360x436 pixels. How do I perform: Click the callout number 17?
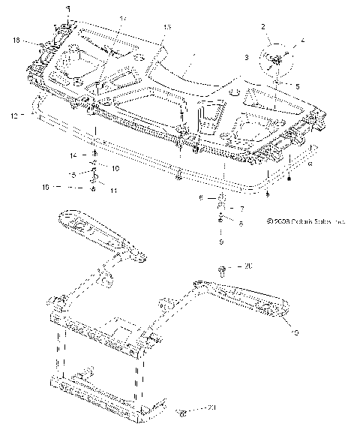(123, 17)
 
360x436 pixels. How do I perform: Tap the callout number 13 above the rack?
(166, 27)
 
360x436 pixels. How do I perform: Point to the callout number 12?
(13, 115)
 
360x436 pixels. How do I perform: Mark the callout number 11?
(114, 191)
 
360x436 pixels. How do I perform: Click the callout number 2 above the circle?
(263, 27)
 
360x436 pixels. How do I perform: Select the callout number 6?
(201, 198)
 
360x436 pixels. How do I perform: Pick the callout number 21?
(211, 409)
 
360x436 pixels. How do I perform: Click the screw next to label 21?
(182, 412)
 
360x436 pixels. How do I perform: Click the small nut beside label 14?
(94, 155)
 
